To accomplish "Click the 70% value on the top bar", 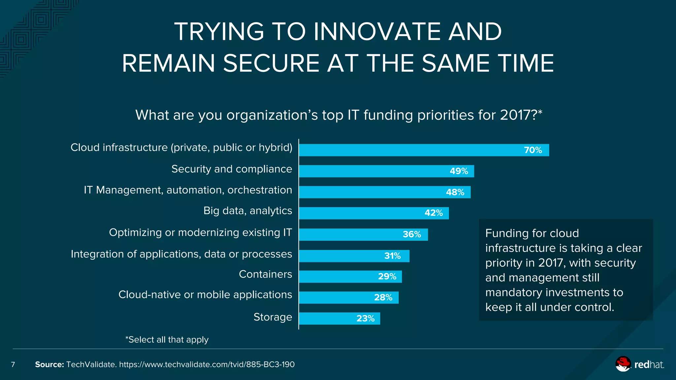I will (x=533, y=150).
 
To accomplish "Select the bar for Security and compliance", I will (x=386, y=171).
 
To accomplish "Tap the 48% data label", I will (x=455, y=192).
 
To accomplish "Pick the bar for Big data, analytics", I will (x=374, y=213).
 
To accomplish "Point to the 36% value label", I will (x=412, y=235).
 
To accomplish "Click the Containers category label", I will (x=265, y=274).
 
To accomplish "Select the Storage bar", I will (x=339, y=319).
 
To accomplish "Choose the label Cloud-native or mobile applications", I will (x=205, y=295).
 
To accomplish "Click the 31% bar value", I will (x=392, y=256).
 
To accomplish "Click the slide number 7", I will (x=13, y=364).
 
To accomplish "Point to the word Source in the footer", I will (x=49, y=364).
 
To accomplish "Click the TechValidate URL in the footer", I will (x=207, y=364).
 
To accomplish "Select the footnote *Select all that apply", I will (x=167, y=340).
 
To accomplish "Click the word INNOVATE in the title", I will (x=377, y=32).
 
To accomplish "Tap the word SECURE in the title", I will (x=271, y=63).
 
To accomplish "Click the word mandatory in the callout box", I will (x=513, y=293).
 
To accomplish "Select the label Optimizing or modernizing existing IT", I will (x=200, y=233).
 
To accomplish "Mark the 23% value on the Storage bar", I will (x=365, y=319).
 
